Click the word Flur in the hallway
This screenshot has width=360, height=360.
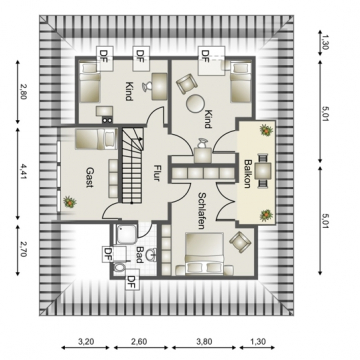(156, 172)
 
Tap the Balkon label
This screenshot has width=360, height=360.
(248, 174)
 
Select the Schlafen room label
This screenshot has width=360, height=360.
(201, 211)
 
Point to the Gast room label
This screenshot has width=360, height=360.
(89, 178)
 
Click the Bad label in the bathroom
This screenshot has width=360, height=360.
(139, 255)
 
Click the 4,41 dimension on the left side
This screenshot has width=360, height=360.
(23, 171)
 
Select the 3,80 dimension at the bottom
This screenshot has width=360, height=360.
(204, 341)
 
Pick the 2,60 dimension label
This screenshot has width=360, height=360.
(140, 341)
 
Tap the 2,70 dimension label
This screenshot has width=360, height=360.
(23, 250)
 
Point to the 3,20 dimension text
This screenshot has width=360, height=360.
(86, 341)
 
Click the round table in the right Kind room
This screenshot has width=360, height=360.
(194, 104)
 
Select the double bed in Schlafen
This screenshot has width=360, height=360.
(204, 254)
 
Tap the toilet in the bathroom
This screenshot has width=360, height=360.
(118, 268)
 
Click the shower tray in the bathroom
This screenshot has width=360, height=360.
(125, 233)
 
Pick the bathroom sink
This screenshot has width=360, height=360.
(154, 253)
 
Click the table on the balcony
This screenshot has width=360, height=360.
(264, 170)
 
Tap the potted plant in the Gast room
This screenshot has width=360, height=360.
(69, 202)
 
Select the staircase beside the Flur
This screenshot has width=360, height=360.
(132, 165)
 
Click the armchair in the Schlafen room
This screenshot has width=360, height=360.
(239, 241)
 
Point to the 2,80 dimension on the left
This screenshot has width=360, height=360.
(23, 91)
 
